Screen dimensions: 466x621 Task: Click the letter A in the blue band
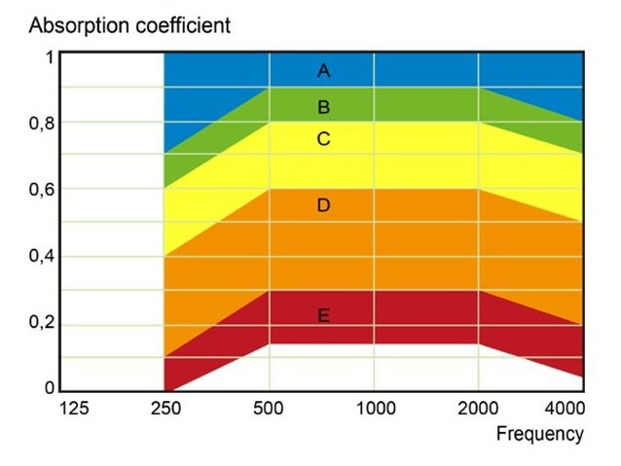pyautogui.click(x=324, y=70)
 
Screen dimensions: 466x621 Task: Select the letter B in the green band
pyautogui.click(x=324, y=107)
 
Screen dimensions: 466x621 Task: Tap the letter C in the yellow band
pyautogui.click(x=324, y=140)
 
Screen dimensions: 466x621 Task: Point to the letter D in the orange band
pyautogui.click(x=324, y=205)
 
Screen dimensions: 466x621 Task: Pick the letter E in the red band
pyautogui.click(x=324, y=315)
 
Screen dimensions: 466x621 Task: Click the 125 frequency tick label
pyautogui.click(x=74, y=409)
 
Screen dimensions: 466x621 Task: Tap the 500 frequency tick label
pyautogui.click(x=268, y=409)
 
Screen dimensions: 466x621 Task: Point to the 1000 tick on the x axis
pyautogui.click(x=375, y=409)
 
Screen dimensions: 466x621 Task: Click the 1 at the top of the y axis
pyautogui.click(x=50, y=57)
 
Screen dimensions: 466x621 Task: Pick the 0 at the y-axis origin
pyautogui.click(x=50, y=388)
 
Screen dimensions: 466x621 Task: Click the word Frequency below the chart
pyautogui.click(x=540, y=434)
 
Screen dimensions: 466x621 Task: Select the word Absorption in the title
pyautogui.click(x=76, y=25)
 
